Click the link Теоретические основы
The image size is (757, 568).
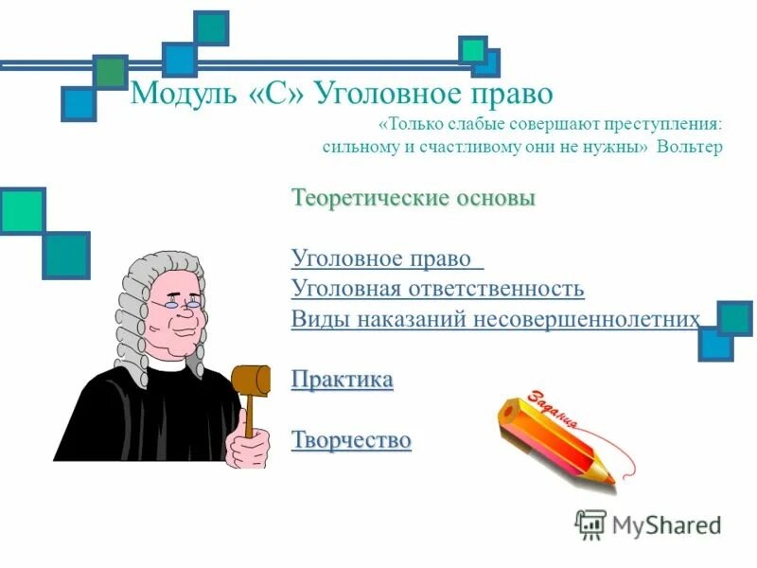click(x=414, y=199)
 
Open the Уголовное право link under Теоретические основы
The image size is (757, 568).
click(x=386, y=258)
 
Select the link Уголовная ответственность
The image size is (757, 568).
click(x=437, y=289)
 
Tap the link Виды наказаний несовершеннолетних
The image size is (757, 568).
click(x=496, y=319)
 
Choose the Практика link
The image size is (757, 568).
click(x=342, y=380)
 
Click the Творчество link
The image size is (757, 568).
click(x=351, y=440)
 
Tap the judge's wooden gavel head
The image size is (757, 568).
click(x=249, y=380)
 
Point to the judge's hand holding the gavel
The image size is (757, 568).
click(x=249, y=447)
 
